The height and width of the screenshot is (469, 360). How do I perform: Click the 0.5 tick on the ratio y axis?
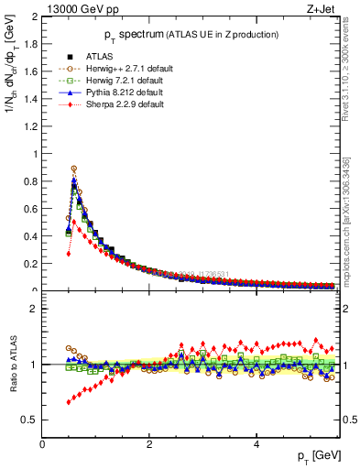(x=29, y=420)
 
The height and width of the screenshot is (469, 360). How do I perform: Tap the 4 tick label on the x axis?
(x=256, y=444)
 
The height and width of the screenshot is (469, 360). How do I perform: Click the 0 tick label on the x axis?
(x=42, y=444)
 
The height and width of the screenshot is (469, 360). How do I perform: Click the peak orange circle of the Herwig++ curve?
(x=73, y=169)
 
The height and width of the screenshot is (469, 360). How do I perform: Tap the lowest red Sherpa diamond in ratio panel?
(x=69, y=402)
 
